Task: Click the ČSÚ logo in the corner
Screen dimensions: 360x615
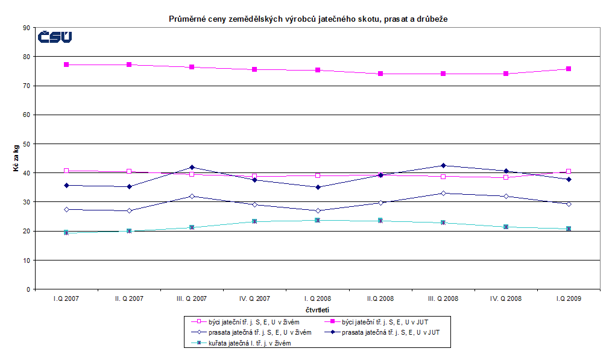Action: (55, 37)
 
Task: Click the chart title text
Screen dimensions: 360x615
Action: (307, 19)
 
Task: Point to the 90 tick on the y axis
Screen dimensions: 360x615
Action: (26, 28)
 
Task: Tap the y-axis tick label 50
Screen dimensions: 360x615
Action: (26, 144)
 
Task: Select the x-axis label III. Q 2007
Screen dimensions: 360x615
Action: (191, 299)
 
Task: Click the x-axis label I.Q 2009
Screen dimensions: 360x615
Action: (568, 299)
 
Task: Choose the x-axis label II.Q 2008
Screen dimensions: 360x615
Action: (380, 299)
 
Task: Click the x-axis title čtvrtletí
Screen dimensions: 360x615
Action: (316, 310)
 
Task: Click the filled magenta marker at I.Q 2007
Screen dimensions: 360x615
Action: (66, 65)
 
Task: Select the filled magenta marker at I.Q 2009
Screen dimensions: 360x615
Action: (569, 69)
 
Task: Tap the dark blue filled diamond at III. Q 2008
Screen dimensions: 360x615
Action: (443, 165)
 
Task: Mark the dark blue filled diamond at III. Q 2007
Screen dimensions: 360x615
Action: (192, 167)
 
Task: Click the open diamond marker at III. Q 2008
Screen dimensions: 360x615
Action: (443, 193)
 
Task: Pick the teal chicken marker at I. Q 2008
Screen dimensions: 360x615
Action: (317, 220)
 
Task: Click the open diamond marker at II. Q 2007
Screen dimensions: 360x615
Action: (129, 210)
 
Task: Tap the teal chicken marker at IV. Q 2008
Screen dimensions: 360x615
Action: (506, 227)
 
